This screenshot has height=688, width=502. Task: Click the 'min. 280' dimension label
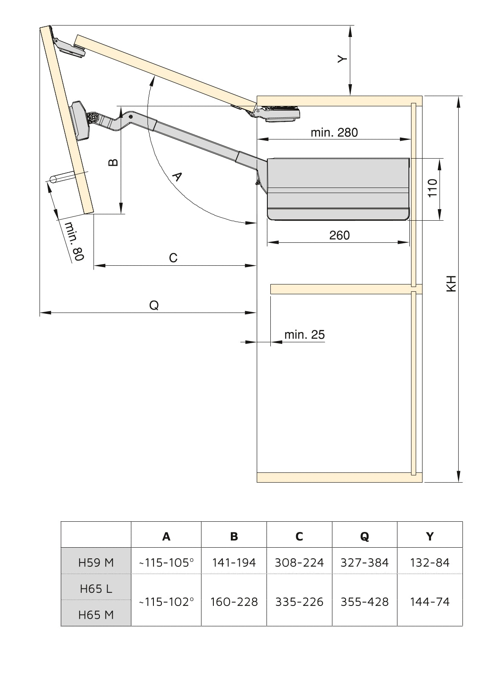coord(334,132)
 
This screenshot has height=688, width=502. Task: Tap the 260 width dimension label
coord(339,235)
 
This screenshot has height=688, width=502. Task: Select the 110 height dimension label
coord(432,188)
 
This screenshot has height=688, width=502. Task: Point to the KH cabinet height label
coord(451,283)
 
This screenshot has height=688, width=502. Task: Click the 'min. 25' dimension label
coord(304,335)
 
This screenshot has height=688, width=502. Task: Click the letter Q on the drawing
coord(154,305)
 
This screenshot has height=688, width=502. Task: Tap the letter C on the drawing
coord(173,258)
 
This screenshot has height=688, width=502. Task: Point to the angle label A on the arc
coord(176,176)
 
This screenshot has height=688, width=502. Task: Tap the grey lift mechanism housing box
coord(338,188)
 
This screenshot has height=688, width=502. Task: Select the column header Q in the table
coord(364,537)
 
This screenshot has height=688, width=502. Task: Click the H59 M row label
coord(96,563)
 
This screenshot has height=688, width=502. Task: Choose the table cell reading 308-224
coord(299,563)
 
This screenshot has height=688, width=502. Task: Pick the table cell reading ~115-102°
coord(166,602)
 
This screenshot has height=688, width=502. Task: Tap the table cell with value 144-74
coord(430,602)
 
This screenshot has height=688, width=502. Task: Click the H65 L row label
coord(96,589)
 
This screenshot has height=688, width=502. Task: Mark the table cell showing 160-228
coord(234,602)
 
